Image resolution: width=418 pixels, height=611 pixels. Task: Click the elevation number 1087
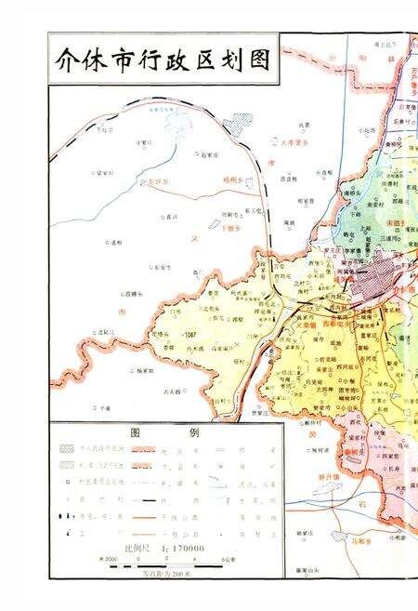point(191,335)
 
